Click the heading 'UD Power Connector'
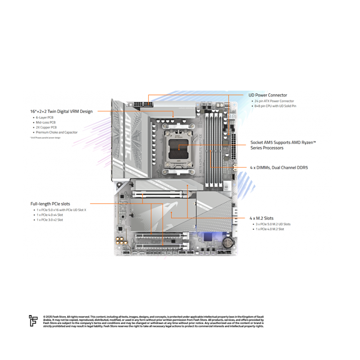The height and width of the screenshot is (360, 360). click(x=268, y=95)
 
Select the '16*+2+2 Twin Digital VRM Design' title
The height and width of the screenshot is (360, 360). click(x=61, y=112)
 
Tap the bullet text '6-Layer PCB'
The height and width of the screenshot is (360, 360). click(x=45, y=118)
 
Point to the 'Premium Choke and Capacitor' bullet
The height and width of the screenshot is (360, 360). click(x=57, y=132)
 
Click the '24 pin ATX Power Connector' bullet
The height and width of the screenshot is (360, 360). click(x=274, y=101)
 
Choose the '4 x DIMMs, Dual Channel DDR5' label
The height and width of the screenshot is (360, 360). click(x=279, y=167)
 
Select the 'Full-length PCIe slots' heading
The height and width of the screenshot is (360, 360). click(x=50, y=204)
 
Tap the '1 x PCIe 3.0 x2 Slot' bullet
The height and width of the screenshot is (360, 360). click(x=50, y=220)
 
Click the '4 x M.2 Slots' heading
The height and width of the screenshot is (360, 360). click(x=261, y=218)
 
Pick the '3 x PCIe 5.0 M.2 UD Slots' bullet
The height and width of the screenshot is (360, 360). click(x=273, y=224)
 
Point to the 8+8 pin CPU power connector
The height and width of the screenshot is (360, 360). click(x=143, y=103)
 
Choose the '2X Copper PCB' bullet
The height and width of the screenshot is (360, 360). click(x=46, y=127)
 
